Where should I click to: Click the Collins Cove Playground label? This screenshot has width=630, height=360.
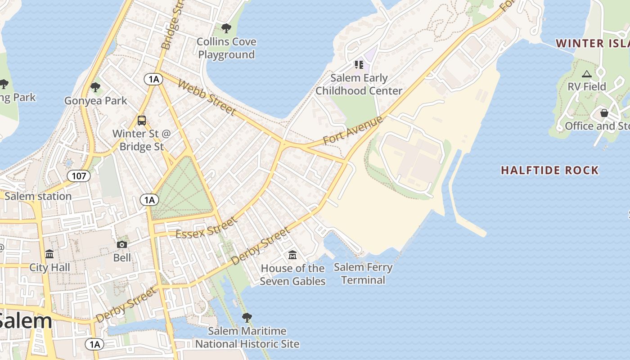(227, 48)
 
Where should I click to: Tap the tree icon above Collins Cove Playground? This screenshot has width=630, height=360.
(226, 29)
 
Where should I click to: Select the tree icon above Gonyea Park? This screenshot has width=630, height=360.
(95, 87)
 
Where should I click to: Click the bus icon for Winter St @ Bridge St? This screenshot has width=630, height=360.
(142, 121)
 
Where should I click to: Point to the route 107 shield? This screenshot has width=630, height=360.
(79, 175)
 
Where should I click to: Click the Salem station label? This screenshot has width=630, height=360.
(38, 196)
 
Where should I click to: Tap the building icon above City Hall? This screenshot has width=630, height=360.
(49, 254)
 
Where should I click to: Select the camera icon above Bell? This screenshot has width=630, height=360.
(122, 245)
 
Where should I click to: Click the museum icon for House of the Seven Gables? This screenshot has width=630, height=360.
(292, 255)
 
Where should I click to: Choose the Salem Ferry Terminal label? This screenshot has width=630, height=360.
(363, 274)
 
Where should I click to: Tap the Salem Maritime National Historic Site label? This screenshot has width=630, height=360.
(247, 337)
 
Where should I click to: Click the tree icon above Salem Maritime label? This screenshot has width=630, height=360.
(247, 318)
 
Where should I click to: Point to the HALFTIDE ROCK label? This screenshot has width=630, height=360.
(550, 170)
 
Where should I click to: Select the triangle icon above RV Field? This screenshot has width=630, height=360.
(587, 74)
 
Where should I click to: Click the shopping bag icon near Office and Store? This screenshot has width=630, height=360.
(604, 113)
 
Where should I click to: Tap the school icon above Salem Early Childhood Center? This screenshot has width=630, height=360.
(359, 65)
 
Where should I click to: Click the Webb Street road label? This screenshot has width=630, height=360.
(207, 97)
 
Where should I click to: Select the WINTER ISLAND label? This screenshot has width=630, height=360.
(592, 44)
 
